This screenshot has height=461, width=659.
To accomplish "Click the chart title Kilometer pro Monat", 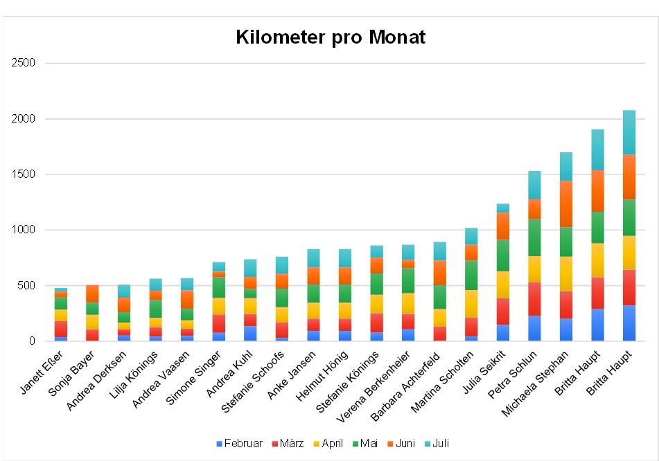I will click(x=330, y=37).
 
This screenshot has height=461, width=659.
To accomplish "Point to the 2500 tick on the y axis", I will click(x=24, y=64).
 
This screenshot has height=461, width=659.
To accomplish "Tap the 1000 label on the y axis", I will click(x=24, y=230).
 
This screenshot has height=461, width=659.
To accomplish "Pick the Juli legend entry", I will click(x=436, y=444).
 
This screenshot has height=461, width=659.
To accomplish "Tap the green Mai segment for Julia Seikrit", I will click(x=503, y=255).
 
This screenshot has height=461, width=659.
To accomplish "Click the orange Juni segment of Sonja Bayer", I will click(x=93, y=293).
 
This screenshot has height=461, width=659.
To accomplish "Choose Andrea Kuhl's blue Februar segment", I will click(x=251, y=333).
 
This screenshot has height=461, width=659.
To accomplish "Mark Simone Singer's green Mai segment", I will click(x=219, y=287).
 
